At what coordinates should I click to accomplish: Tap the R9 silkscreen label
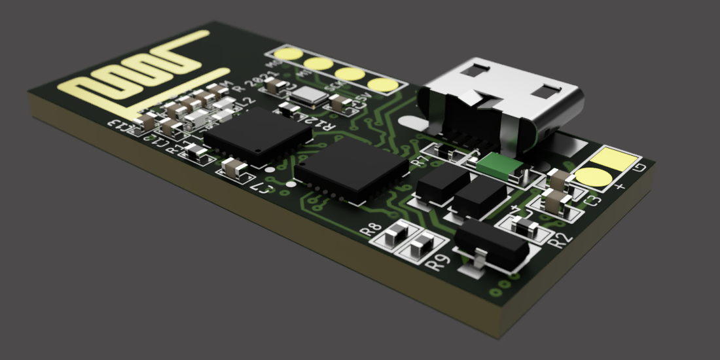pyautogui.click(x=438, y=264)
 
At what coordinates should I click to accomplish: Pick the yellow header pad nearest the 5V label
pyautogui.click(x=381, y=84)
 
